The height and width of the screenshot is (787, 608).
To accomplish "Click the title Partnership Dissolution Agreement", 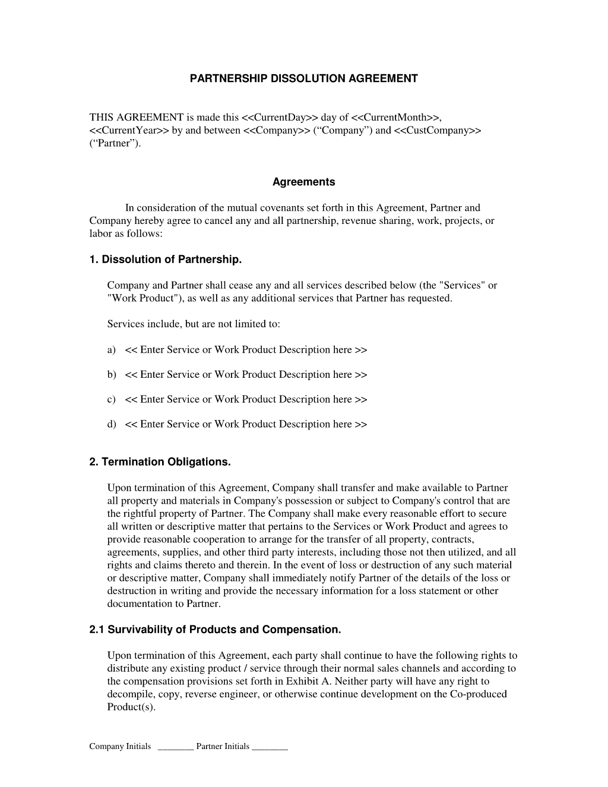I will pyautogui.click(x=303, y=78).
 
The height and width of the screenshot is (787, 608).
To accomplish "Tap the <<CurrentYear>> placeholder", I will pyautogui.click(x=129, y=131).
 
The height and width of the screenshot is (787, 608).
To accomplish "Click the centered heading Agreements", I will pyautogui.click(x=303, y=182).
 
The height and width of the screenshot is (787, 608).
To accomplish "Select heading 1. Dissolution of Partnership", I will pyautogui.click(x=166, y=260).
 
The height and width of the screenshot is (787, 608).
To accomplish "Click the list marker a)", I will pyautogui.click(x=111, y=350).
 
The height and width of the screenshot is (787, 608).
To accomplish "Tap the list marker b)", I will pyautogui.click(x=111, y=375).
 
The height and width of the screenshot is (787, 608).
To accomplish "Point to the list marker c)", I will pyautogui.click(x=111, y=400).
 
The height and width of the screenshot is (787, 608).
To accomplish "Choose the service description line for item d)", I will pyautogui.click(x=246, y=424).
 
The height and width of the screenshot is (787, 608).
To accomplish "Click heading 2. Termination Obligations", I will pyautogui.click(x=160, y=462).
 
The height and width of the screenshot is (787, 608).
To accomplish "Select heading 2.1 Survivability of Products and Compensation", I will pyautogui.click(x=215, y=630).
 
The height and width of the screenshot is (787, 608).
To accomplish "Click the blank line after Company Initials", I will pyautogui.click(x=176, y=747).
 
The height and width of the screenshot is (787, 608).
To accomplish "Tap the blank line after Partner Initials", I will pyautogui.click(x=270, y=747).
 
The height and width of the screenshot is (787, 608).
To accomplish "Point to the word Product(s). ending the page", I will pyautogui.click(x=131, y=707).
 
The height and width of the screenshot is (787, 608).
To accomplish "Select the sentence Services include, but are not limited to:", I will pyautogui.click(x=194, y=324).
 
